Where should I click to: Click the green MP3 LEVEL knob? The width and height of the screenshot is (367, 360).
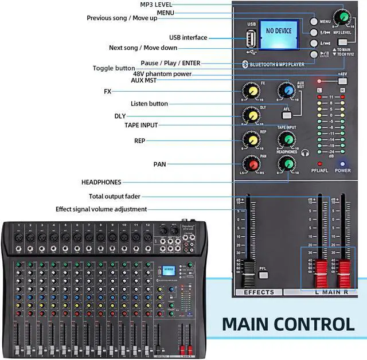343,17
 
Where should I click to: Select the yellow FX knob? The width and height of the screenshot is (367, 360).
251,90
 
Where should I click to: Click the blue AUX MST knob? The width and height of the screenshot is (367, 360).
286,91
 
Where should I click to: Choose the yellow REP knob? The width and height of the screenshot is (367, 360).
251,139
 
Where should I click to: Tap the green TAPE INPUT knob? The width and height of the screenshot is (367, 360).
286,139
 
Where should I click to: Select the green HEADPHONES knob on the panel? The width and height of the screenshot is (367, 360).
286,165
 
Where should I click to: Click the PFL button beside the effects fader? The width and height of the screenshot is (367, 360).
263,275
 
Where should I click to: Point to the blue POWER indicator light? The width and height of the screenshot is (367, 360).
343,163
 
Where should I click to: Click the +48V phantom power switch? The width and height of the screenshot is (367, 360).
342,81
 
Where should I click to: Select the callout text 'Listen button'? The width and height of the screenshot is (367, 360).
149,104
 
